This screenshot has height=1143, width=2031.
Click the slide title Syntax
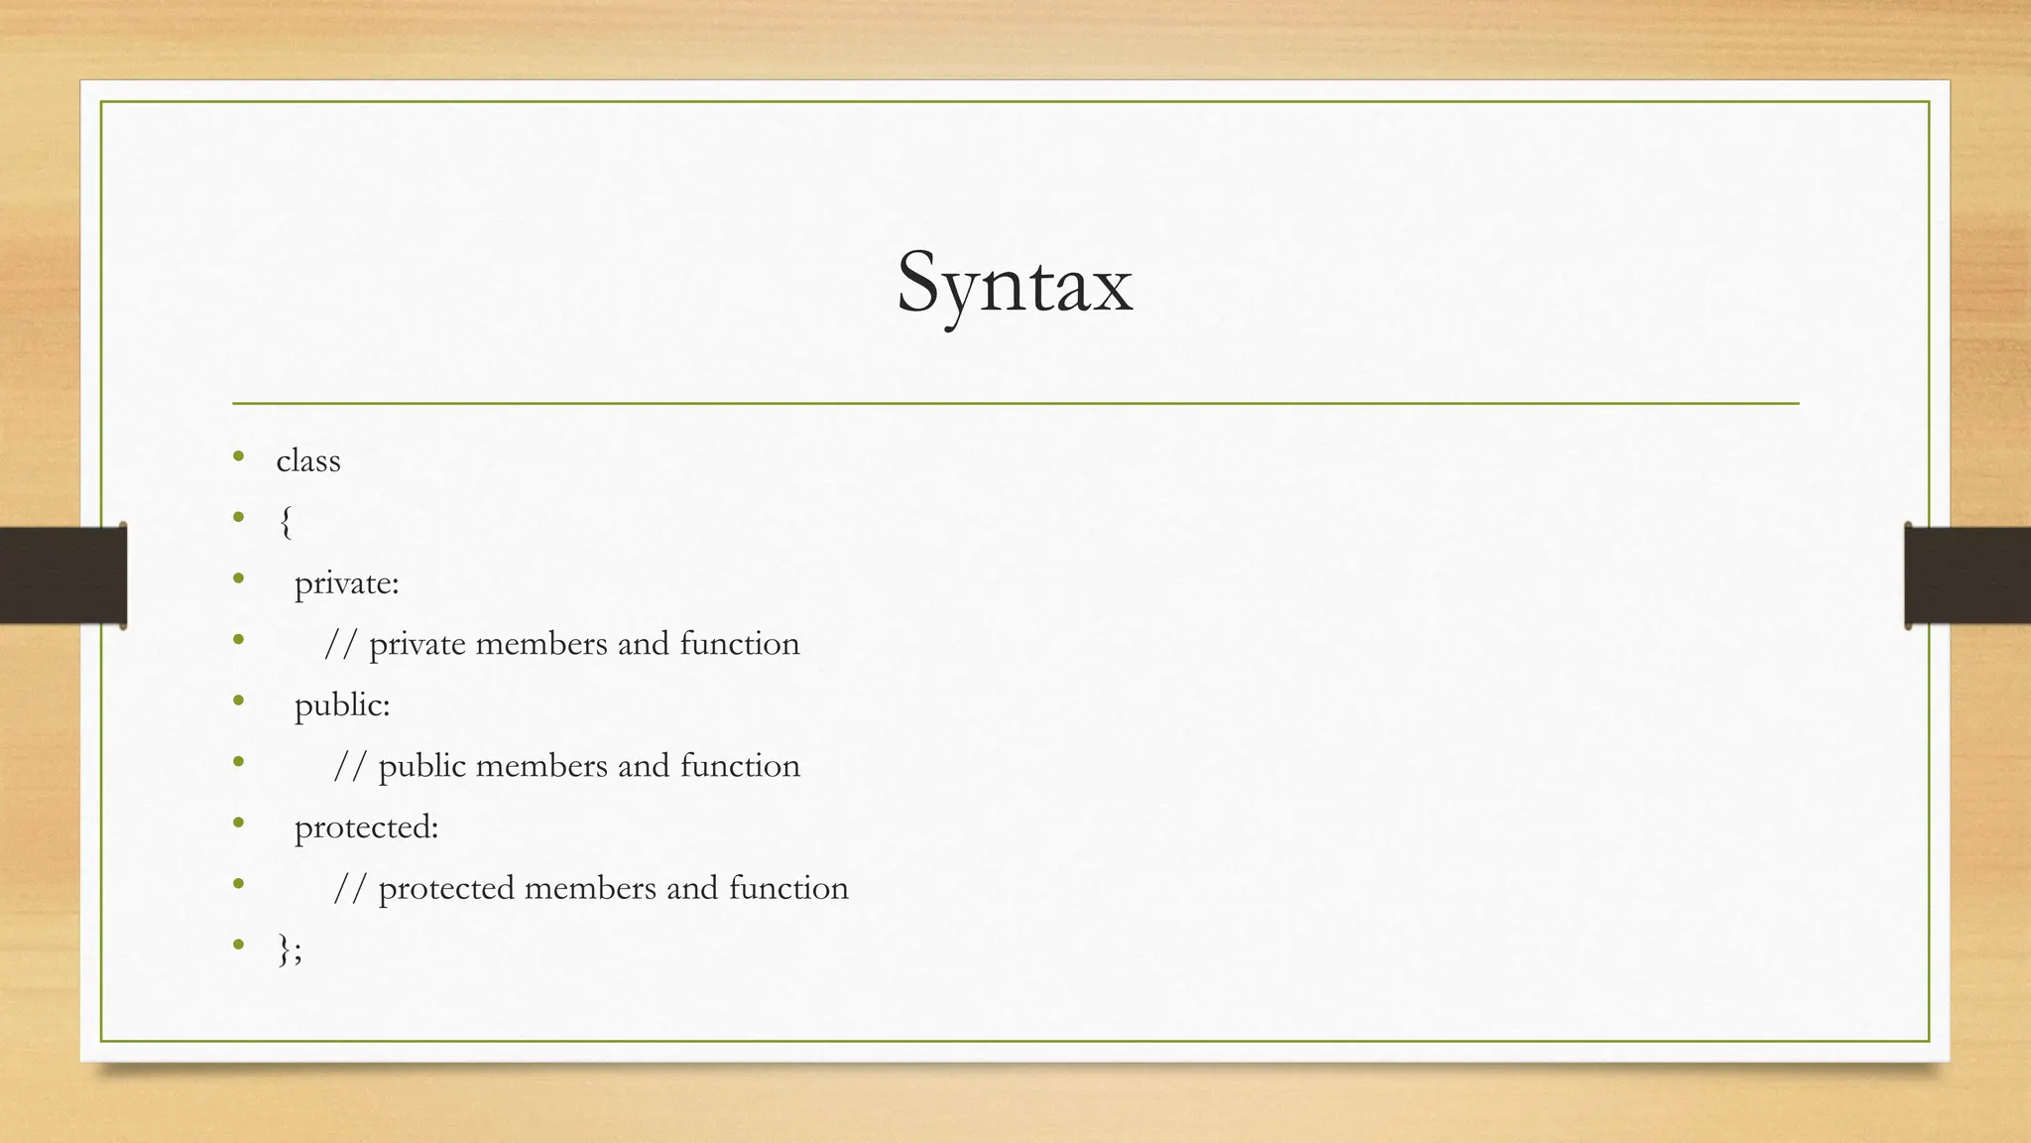pos(1015,284)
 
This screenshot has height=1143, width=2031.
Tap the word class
pos(308,461)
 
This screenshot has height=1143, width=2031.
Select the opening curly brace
pos(286,522)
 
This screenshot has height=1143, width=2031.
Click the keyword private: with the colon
pos(346,583)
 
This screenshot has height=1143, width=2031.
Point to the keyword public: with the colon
pos(342,705)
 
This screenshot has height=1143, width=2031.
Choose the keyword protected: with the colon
pos(366,827)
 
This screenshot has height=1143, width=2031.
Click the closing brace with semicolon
pos(290,950)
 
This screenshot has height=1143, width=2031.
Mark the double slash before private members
pos(340,644)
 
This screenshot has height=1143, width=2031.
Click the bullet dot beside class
pos(238,457)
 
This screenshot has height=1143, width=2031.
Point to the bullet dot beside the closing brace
pos(238,946)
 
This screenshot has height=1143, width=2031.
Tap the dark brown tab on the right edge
pos(1968,575)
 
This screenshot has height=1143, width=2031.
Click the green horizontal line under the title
pos(1015,404)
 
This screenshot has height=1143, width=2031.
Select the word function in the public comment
pos(740,766)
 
